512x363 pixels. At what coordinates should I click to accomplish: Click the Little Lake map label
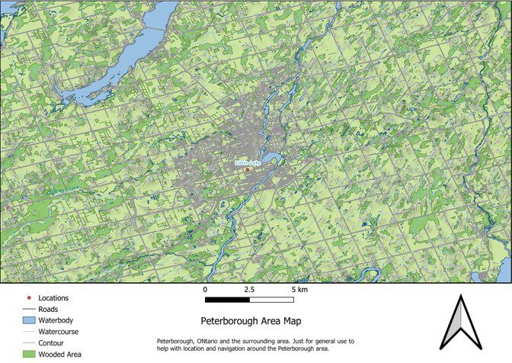247,163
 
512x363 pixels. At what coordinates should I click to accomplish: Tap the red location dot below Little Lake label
248,169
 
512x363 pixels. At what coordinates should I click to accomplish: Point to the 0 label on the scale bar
205,291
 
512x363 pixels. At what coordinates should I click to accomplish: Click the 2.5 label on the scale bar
249,291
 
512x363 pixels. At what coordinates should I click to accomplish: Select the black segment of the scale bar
227,300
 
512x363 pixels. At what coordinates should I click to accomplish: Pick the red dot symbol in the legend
29,297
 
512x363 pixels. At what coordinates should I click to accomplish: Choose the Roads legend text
48,309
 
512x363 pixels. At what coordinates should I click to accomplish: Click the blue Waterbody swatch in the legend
29,320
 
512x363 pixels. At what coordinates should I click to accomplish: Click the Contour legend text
51,343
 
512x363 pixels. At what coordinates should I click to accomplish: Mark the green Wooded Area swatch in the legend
29,355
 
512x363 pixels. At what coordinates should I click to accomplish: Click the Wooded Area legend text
60,355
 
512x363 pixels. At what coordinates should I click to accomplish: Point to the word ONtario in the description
206,340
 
